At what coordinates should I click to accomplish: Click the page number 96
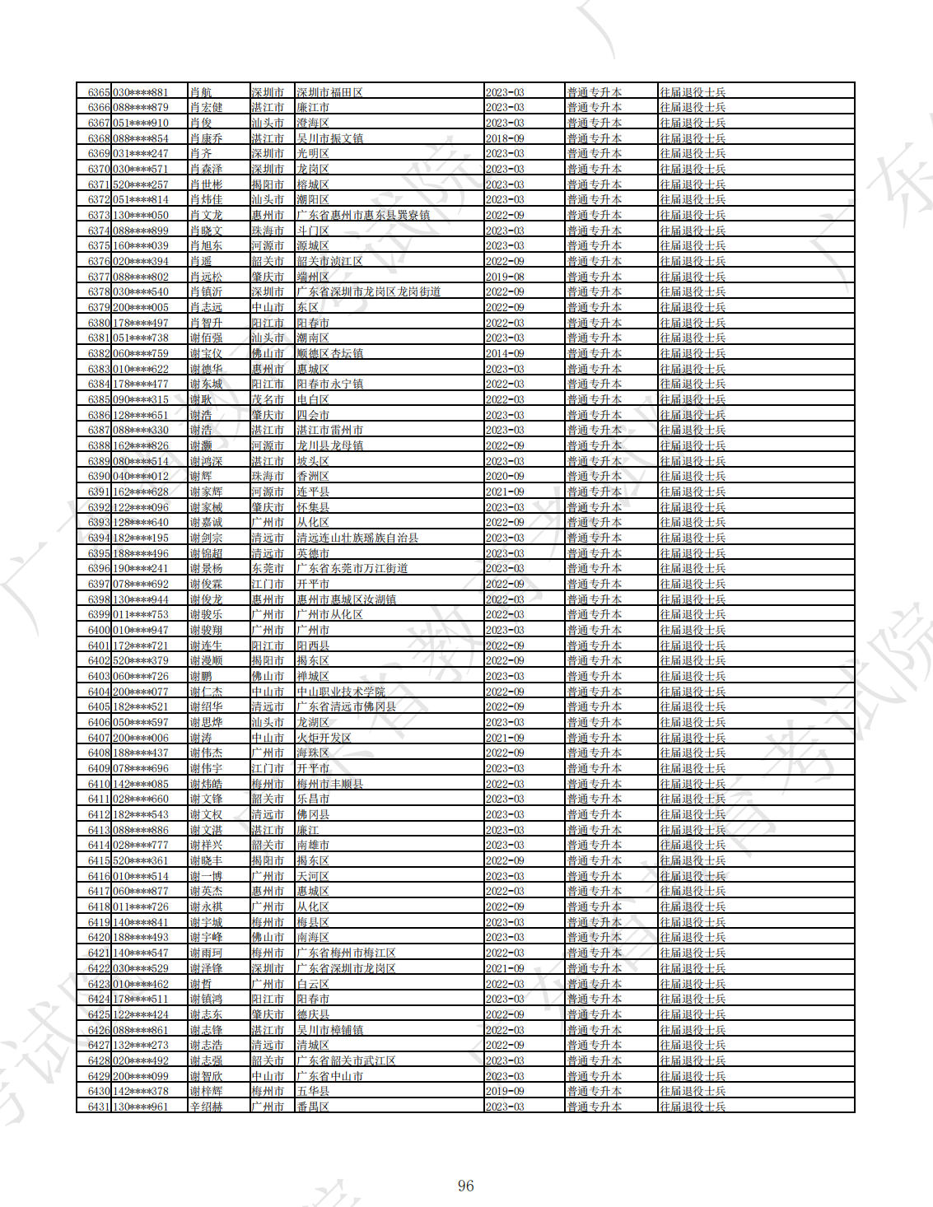[466, 1186]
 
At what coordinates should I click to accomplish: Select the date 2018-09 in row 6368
[505, 138]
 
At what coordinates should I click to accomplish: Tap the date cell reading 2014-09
[505, 353]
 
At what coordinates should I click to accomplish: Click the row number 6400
[99, 630]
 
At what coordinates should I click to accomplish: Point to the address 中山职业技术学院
[341, 692]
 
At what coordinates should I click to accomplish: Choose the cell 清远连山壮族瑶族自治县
[357, 538]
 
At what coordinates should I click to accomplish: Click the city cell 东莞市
[268, 568]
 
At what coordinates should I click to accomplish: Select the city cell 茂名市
[268, 399]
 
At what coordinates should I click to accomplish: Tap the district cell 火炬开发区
[324, 738]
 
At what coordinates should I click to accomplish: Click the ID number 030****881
[141, 92]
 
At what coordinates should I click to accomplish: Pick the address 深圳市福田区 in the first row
[329, 92]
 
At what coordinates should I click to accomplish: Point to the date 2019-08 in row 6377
[505, 277]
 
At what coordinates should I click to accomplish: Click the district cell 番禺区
[313, 1107]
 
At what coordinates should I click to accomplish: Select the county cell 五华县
[313, 1091]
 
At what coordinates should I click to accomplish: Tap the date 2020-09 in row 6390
[505, 476]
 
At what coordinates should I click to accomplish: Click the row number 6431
[99, 1107]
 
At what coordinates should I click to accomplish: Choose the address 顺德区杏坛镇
[329, 353]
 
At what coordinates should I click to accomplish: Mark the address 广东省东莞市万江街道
[352, 568]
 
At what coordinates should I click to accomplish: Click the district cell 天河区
[313, 876]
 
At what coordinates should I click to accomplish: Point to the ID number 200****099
[141, 1076]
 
